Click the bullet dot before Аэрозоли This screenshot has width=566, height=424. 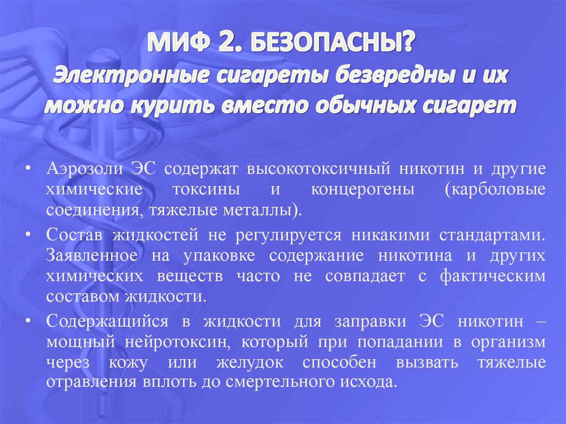[x=27, y=168]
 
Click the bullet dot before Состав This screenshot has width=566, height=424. [x=27, y=234]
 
